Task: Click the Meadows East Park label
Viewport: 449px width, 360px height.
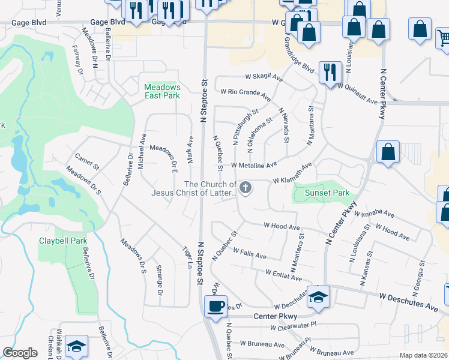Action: click(162, 91)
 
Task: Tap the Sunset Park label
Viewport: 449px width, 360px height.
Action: click(327, 193)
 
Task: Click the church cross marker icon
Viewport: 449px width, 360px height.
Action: click(245, 189)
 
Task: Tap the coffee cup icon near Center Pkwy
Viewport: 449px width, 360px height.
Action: click(215, 306)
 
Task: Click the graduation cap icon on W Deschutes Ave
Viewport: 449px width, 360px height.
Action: click(319, 296)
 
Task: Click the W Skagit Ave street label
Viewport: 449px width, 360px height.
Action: click(264, 77)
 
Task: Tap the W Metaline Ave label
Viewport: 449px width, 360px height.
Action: click(253, 164)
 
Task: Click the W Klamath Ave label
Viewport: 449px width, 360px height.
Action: click(292, 173)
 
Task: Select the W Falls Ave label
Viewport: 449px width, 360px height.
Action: click(249, 253)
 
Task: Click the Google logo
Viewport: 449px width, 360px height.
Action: click(20, 353)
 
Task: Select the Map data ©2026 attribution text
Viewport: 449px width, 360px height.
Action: click(424, 355)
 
